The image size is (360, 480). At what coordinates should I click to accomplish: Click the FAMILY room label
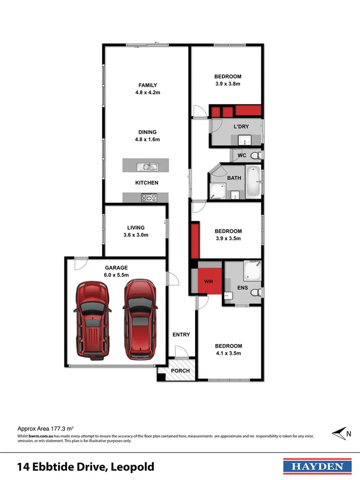tap(148, 85)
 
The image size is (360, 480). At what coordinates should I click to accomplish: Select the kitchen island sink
tap(146, 167)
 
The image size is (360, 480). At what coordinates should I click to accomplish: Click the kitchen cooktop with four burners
tap(148, 198)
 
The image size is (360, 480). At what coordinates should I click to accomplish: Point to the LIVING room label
tap(135, 228)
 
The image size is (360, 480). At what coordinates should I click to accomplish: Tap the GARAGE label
tap(116, 268)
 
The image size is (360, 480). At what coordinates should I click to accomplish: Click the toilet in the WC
tap(255, 156)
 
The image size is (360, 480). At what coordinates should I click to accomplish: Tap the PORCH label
tap(180, 371)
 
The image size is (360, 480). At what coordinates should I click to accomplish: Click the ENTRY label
tap(181, 334)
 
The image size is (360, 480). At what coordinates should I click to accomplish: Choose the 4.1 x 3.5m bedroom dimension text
tap(228, 353)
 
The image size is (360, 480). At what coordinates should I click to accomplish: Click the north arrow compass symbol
tap(339, 434)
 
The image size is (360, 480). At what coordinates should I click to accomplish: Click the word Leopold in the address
tap(133, 467)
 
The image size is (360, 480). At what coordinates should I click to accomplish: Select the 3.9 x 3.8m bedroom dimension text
tap(228, 84)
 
